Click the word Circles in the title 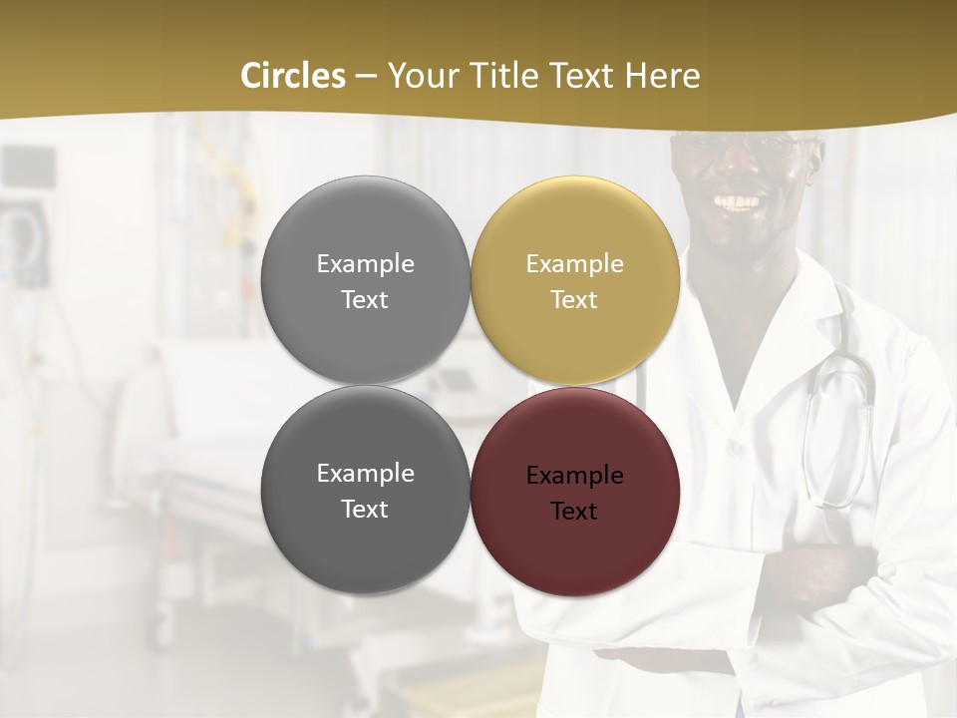point(292,76)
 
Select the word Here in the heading point(662,76)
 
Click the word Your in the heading point(420,76)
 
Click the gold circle point(575,280)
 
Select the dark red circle point(575,492)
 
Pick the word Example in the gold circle point(574,264)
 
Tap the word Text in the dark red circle point(574,512)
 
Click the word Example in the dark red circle point(574,476)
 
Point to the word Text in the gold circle point(574,300)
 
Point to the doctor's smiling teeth point(738,203)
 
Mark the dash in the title point(365,76)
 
